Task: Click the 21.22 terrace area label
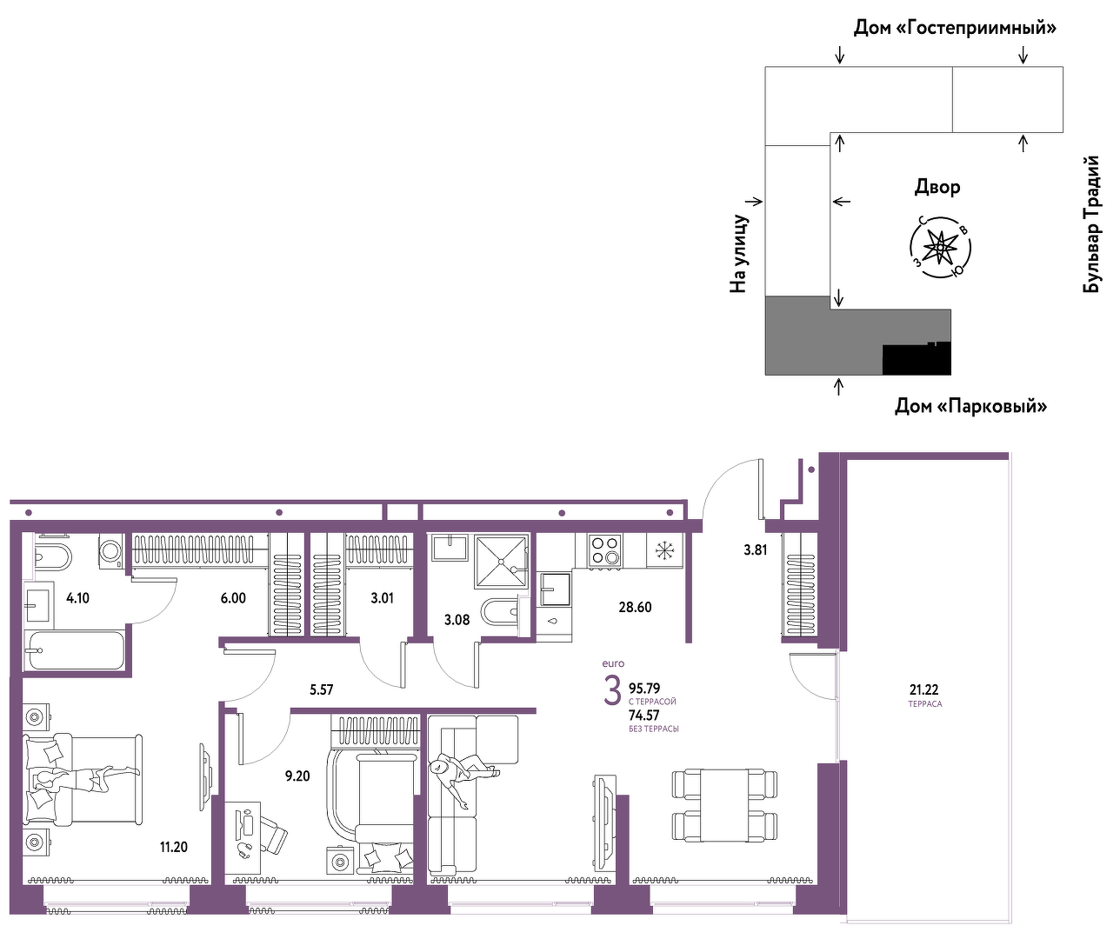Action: coord(923,689)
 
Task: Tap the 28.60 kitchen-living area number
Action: coord(635,607)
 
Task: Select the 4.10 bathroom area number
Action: coord(77,598)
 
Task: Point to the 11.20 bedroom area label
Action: coord(174,847)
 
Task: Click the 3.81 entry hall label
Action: coord(756,549)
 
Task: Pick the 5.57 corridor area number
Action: coord(321,689)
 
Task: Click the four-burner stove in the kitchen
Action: coord(604,550)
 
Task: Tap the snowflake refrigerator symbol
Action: coord(664,550)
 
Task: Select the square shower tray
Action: coord(500,561)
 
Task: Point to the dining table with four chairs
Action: coord(724,805)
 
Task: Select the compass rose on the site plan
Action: coord(940,247)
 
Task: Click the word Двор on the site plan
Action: coord(937,187)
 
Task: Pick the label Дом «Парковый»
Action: coord(970,406)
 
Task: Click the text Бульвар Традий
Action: coord(1091,224)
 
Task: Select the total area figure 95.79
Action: coord(644,688)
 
